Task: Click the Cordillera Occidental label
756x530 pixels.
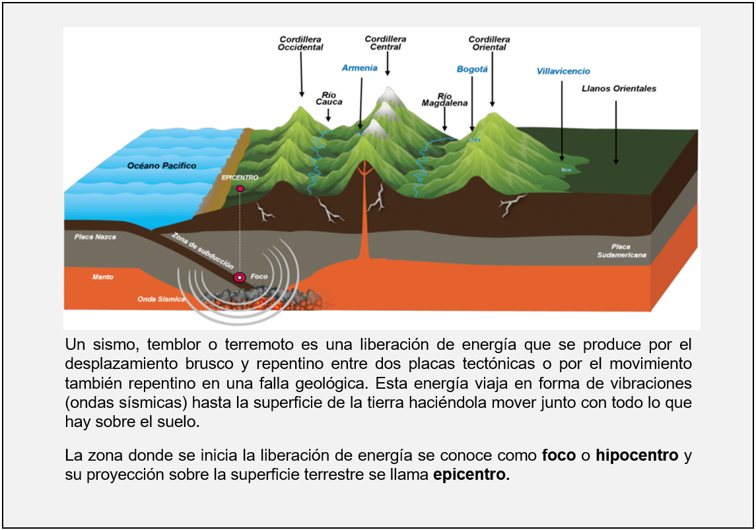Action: click(300, 44)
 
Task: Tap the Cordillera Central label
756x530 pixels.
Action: click(386, 43)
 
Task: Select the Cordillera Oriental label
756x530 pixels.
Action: click(489, 44)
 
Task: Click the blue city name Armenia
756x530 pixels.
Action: click(360, 68)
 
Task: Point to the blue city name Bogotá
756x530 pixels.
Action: click(472, 69)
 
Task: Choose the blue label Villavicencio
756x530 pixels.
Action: click(563, 71)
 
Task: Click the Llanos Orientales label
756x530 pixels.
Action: click(619, 88)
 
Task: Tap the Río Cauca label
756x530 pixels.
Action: click(329, 98)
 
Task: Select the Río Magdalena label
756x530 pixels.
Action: click(444, 100)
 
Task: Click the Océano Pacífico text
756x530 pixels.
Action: click(162, 166)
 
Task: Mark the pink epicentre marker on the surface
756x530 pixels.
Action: click(240, 189)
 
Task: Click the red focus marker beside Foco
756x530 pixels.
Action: click(240, 278)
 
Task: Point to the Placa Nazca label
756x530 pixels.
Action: click(95, 236)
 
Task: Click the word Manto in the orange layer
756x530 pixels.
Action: click(102, 277)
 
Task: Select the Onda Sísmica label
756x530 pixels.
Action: click(156, 299)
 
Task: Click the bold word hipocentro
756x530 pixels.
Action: click(636, 455)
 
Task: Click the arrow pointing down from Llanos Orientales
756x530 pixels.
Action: click(616, 132)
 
